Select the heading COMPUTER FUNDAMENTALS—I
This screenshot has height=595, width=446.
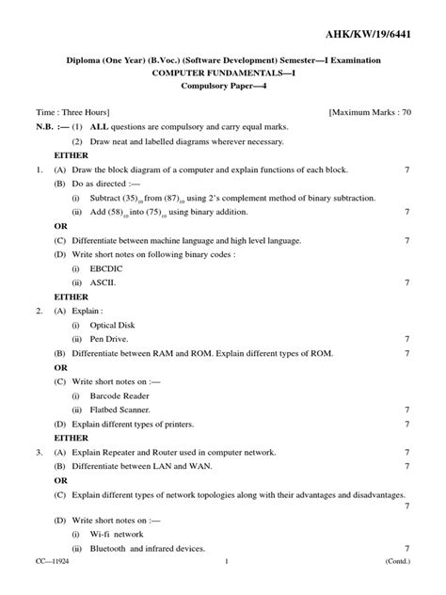(223, 72)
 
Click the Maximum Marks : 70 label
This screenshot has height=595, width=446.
(371, 111)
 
